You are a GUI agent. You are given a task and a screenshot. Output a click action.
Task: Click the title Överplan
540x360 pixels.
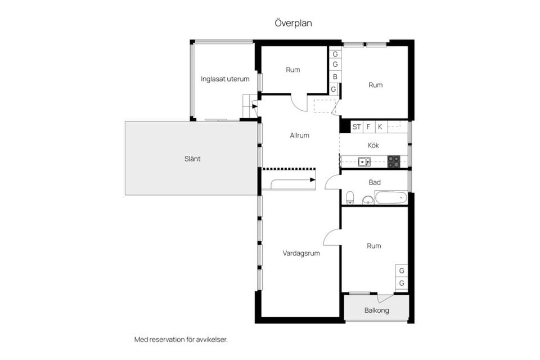(x=293, y=23)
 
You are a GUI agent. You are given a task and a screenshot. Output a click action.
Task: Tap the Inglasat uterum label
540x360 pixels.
(x=225, y=79)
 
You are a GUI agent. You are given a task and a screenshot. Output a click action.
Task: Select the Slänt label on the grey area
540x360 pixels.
(x=192, y=159)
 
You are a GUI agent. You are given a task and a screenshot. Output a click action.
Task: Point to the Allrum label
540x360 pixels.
(x=299, y=136)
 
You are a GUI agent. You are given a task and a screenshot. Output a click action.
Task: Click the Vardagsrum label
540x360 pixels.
(x=301, y=253)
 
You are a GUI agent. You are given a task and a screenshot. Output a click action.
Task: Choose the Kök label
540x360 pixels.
(x=373, y=145)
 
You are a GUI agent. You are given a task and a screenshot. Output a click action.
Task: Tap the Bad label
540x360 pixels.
(x=375, y=182)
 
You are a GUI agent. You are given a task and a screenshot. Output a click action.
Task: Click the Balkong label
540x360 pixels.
(x=376, y=310)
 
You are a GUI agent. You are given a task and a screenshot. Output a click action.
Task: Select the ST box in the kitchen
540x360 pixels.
(x=357, y=127)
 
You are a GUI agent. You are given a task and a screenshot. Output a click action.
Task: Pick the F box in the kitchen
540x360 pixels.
(x=368, y=127)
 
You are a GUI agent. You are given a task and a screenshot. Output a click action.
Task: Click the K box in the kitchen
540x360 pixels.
(x=380, y=127)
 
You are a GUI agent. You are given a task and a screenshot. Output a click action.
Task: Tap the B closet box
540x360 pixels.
(x=335, y=77)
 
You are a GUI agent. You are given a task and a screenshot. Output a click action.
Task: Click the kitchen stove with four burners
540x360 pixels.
(x=394, y=161)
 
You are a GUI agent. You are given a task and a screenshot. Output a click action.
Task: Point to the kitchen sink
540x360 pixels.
(x=364, y=161)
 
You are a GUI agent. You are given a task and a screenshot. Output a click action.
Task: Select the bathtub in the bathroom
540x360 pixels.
(x=391, y=198)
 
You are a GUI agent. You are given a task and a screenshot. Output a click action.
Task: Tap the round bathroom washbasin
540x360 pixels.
(x=368, y=200)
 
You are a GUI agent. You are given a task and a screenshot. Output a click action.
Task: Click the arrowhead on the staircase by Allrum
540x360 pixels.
(x=313, y=179)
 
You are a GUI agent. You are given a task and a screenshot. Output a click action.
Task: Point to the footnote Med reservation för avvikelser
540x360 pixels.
(x=181, y=340)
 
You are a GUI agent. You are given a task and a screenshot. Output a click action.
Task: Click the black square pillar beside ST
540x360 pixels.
(x=345, y=126)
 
